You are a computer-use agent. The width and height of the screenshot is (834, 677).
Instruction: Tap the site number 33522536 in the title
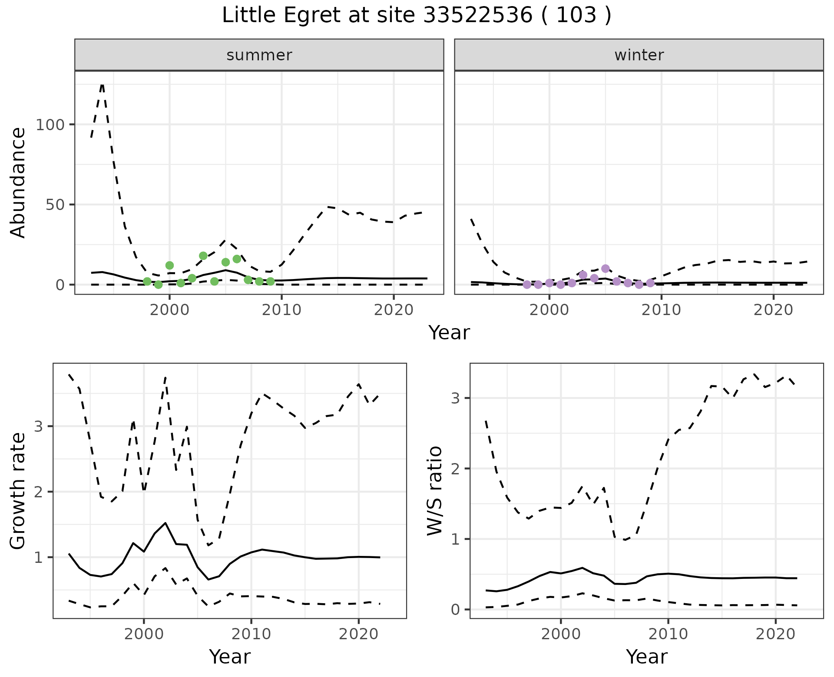[x=477, y=16]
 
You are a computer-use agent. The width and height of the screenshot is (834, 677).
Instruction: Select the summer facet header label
[x=259, y=55]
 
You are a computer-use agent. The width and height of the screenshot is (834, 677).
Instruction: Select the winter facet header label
[x=639, y=55]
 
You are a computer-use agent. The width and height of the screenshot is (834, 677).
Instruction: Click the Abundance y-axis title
[x=18, y=183]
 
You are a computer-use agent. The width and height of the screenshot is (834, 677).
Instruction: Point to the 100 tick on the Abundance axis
[x=49, y=125]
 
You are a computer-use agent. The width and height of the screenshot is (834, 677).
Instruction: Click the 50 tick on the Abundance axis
[x=55, y=205]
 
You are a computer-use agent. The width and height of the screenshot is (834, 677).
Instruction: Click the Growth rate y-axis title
[x=18, y=491]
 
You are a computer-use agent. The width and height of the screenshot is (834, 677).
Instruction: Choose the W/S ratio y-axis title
[x=435, y=491]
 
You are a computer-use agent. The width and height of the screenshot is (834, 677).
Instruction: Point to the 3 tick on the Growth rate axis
[x=39, y=427]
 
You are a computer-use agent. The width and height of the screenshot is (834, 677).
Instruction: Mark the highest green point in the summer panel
[x=203, y=256]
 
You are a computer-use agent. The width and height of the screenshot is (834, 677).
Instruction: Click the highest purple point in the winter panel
[x=606, y=269]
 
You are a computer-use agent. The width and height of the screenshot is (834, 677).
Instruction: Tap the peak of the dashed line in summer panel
[x=102, y=85]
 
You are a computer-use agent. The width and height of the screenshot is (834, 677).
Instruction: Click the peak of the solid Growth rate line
[x=165, y=523]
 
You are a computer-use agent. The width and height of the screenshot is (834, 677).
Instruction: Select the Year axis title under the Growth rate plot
[x=230, y=657]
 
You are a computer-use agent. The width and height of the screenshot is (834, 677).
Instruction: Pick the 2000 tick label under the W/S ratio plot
[x=560, y=634]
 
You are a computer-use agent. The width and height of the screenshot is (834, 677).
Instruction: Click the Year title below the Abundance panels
[x=449, y=333]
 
